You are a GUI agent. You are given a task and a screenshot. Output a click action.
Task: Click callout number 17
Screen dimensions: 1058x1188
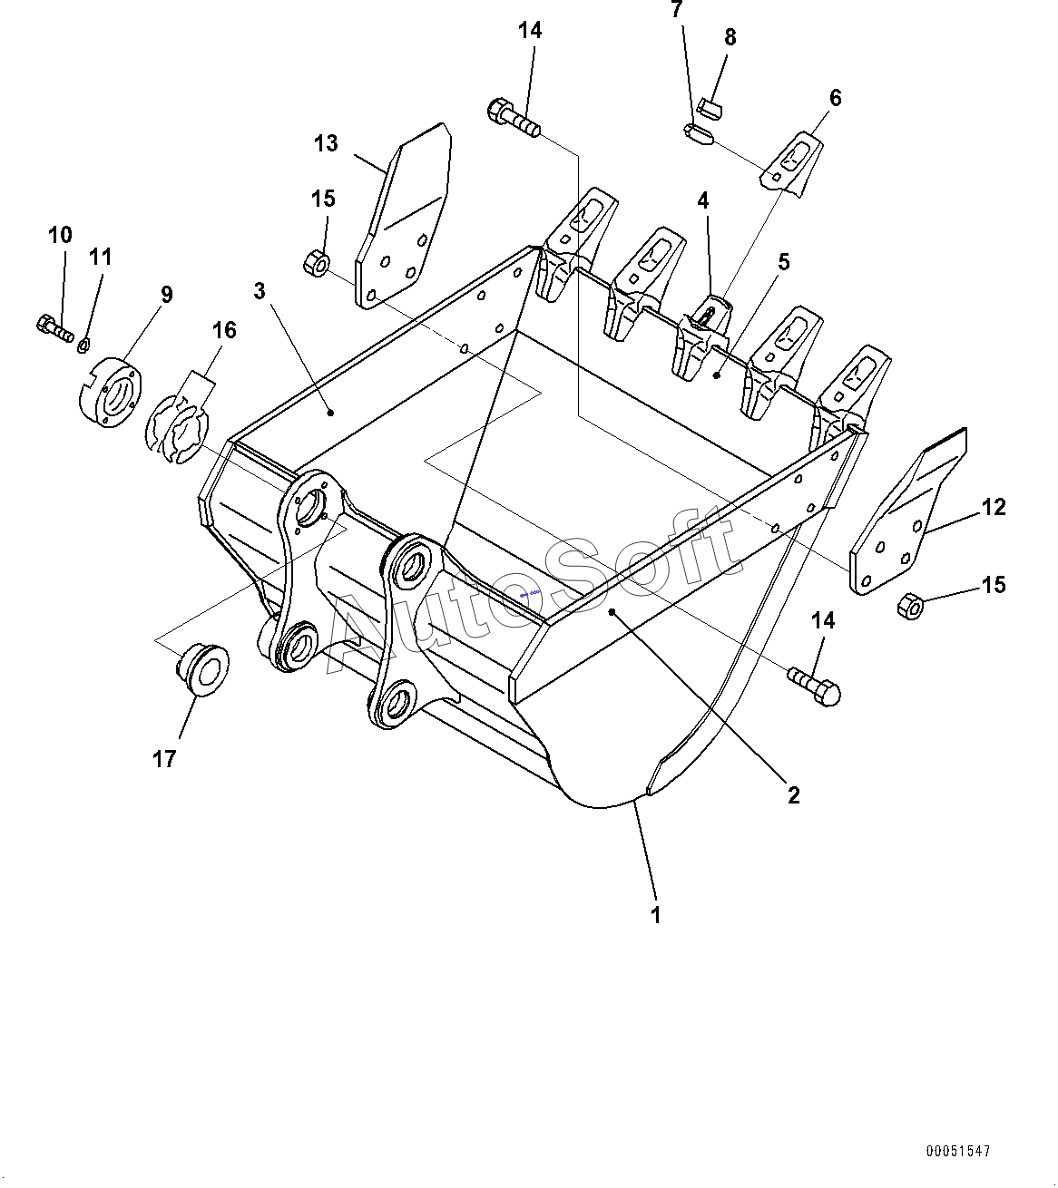pyautogui.click(x=164, y=758)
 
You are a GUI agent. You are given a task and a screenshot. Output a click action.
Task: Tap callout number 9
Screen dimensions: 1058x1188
pyautogui.click(x=166, y=295)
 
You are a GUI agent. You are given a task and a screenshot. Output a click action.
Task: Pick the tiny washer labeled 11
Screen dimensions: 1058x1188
pyautogui.click(x=84, y=343)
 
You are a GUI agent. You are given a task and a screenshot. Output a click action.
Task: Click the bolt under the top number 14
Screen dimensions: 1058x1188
pyautogui.click(x=514, y=118)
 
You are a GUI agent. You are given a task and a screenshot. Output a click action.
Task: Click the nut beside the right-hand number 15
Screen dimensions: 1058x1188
pyautogui.click(x=910, y=606)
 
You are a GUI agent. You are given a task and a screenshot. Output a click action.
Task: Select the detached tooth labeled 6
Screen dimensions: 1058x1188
pyautogui.click(x=791, y=164)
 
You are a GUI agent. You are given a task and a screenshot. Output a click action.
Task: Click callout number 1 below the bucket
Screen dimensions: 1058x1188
pyautogui.click(x=655, y=915)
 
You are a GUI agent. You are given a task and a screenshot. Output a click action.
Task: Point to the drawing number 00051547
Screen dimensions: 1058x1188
pyautogui.click(x=958, y=1152)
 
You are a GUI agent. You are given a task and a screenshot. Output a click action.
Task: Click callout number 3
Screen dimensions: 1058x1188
pyautogui.click(x=260, y=291)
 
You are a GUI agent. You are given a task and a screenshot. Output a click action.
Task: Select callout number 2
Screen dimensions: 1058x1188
pyautogui.click(x=794, y=795)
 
